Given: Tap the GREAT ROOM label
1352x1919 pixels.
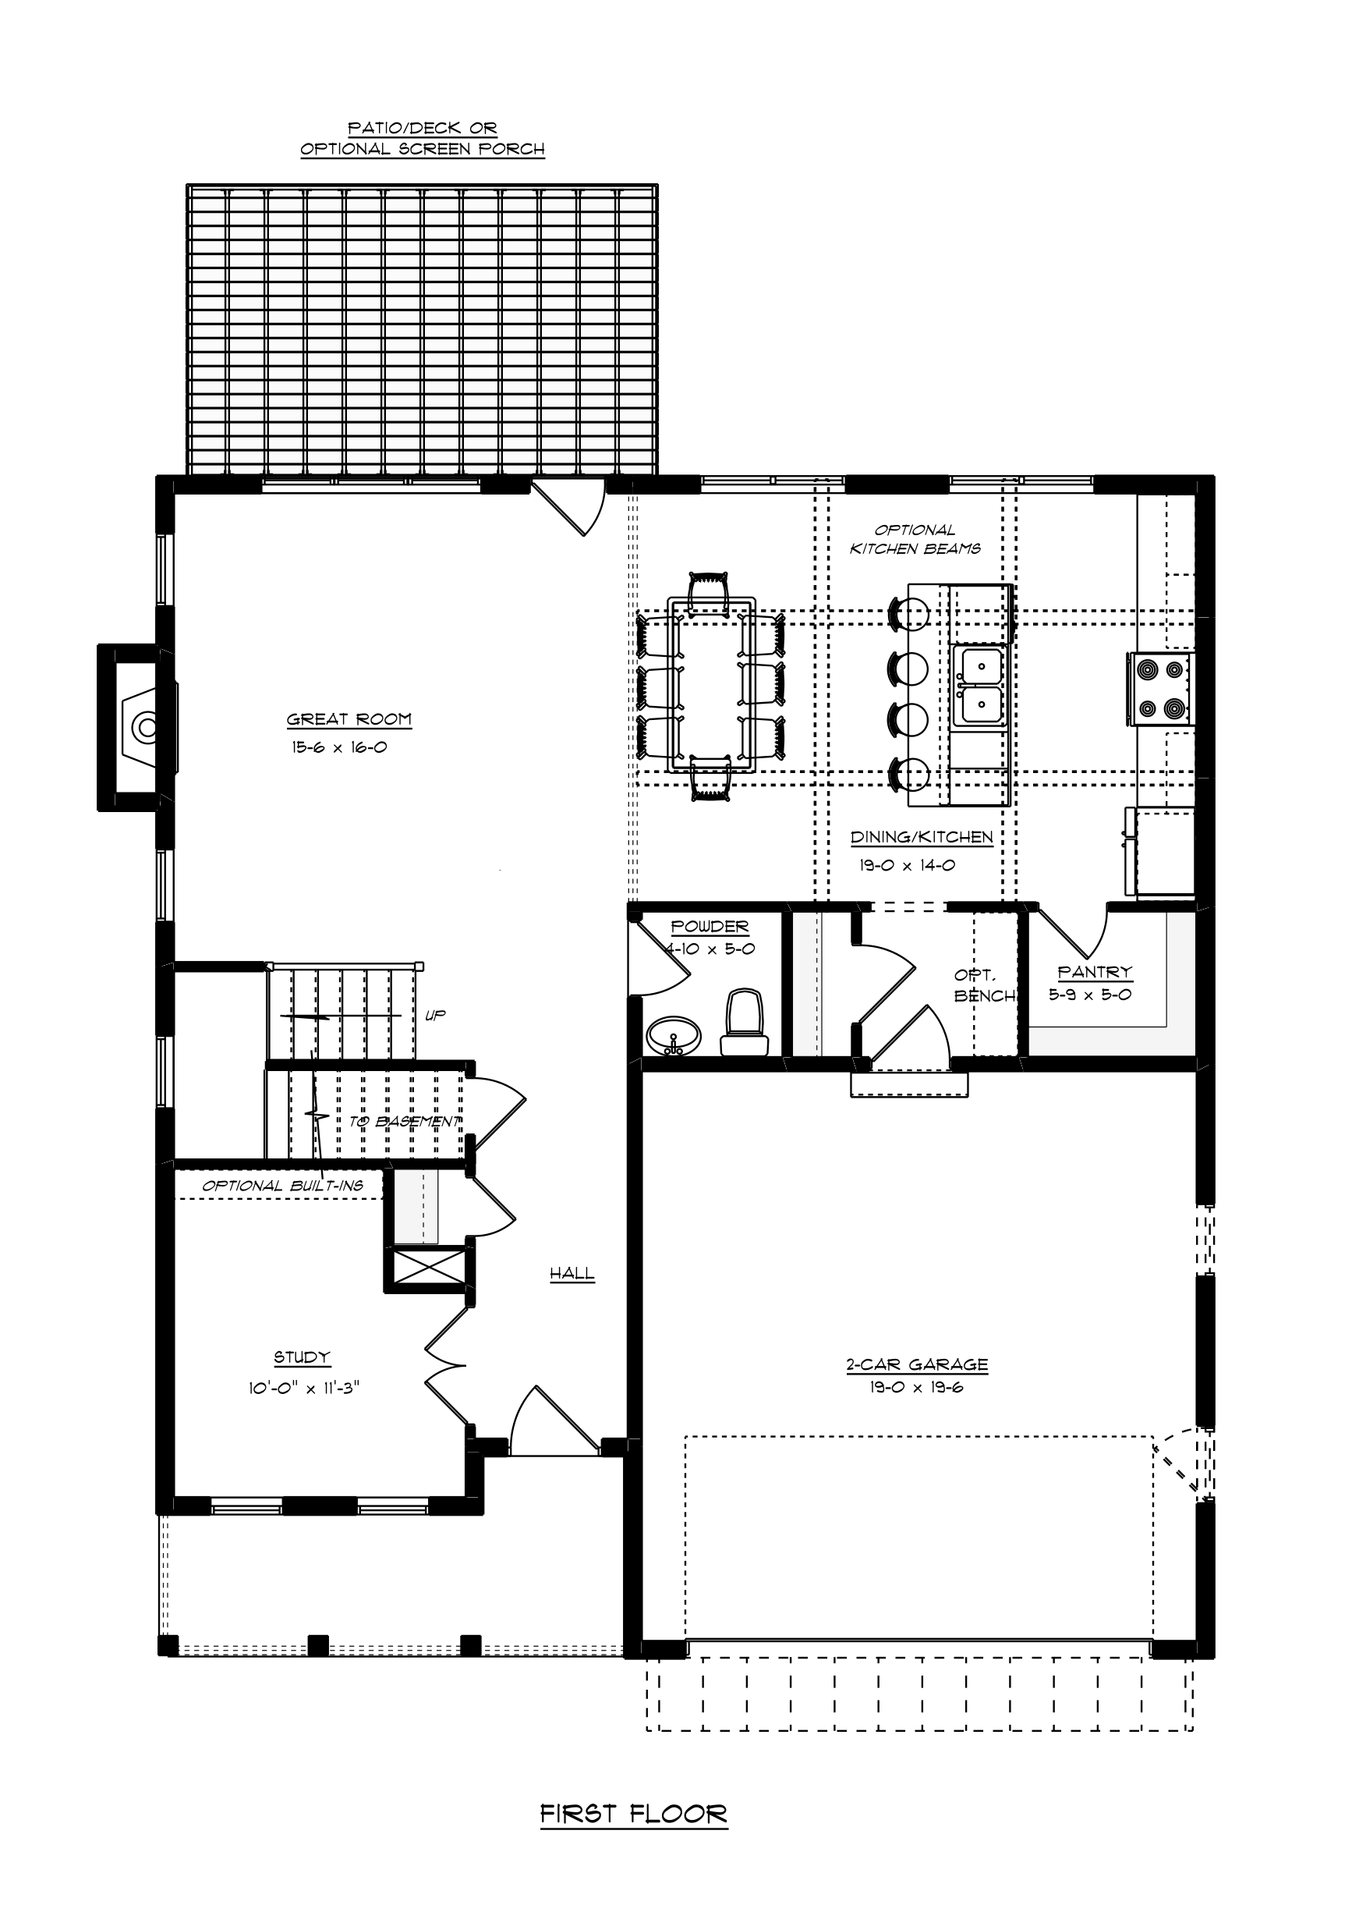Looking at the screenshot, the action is [x=349, y=718].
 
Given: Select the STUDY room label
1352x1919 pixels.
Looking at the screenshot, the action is [x=303, y=1357].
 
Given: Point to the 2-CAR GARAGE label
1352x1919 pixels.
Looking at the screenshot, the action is [x=917, y=1365].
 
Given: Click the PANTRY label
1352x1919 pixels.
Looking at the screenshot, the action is [x=1095, y=972].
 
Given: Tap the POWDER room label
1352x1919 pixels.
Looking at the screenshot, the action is [x=710, y=926].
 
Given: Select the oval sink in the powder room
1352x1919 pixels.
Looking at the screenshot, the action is [x=674, y=1037].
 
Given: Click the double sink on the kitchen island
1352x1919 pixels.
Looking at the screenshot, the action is [x=981, y=686].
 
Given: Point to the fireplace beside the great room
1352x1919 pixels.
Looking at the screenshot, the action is [x=138, y=727].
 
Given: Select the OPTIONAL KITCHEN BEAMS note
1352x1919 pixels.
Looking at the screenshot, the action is [x=915, y=539].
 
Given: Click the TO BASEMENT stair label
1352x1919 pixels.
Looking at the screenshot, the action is [x=405, y=1122].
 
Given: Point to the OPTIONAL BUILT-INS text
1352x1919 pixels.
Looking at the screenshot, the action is [x=282, y=1185].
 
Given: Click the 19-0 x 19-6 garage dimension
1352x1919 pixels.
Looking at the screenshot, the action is [x=917, y=1388].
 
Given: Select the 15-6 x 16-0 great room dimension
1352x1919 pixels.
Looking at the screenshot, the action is [x=339, y=747].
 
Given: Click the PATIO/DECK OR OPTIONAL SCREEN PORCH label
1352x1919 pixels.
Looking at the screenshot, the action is [x=423, y=139].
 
